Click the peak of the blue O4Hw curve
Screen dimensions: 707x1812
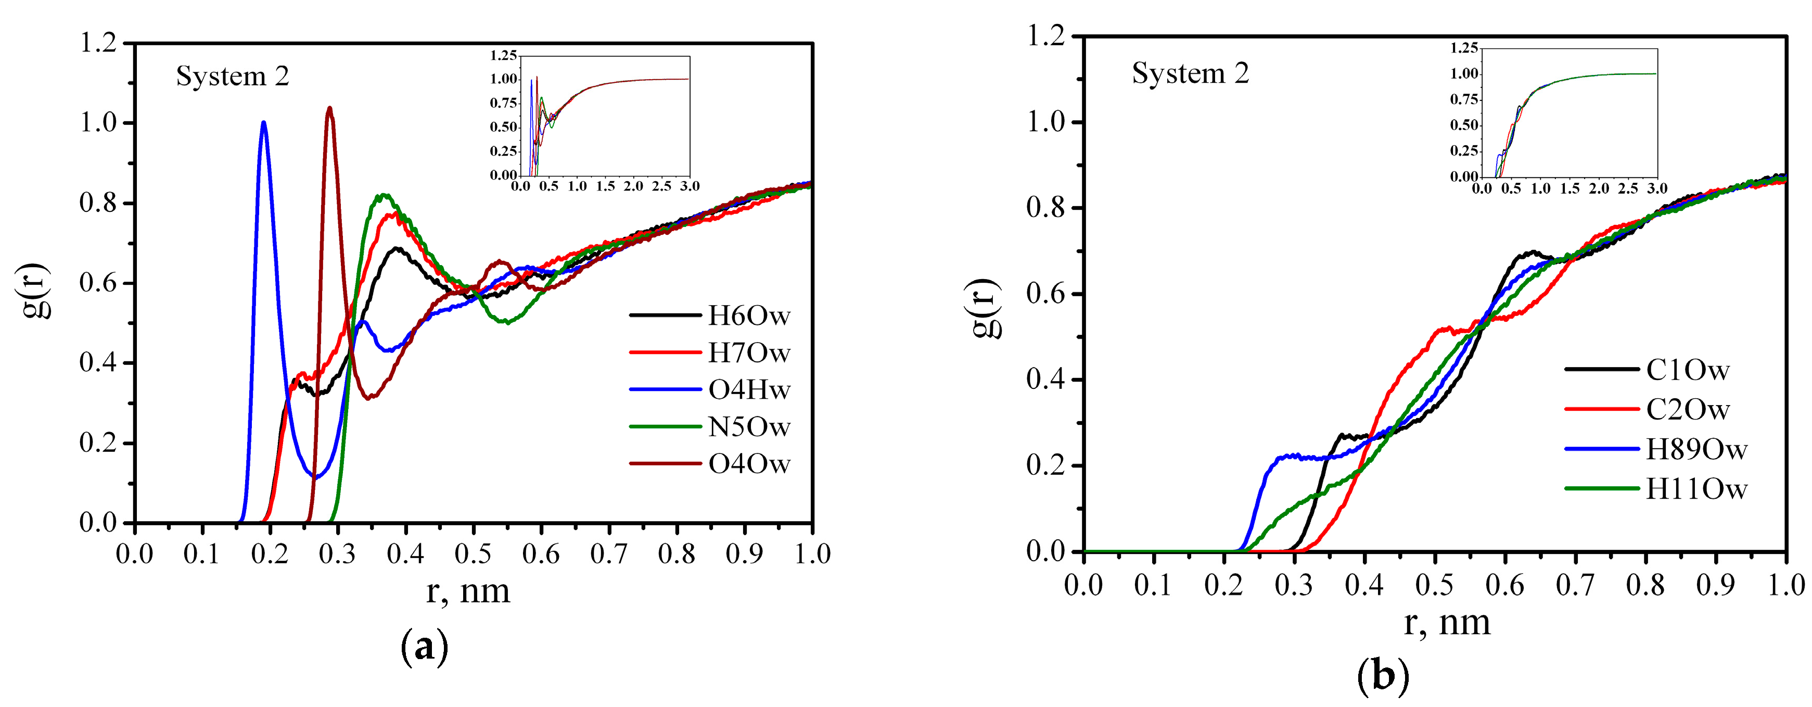[264, 123]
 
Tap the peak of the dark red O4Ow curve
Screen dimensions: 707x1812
[329, 108]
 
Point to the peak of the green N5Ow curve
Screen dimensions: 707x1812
[384, 196]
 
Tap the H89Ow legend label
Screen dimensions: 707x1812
[1696, 449]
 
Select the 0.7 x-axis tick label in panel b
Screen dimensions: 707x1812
[1575, 585]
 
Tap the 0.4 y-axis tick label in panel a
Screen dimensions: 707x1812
[98, 363]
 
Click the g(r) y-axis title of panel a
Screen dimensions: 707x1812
[35, 290]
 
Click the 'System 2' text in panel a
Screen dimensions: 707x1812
[232, 76]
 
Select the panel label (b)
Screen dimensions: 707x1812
[1382, 677]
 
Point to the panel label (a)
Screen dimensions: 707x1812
[424, 647]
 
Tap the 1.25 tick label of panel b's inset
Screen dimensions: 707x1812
[1464, 48]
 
